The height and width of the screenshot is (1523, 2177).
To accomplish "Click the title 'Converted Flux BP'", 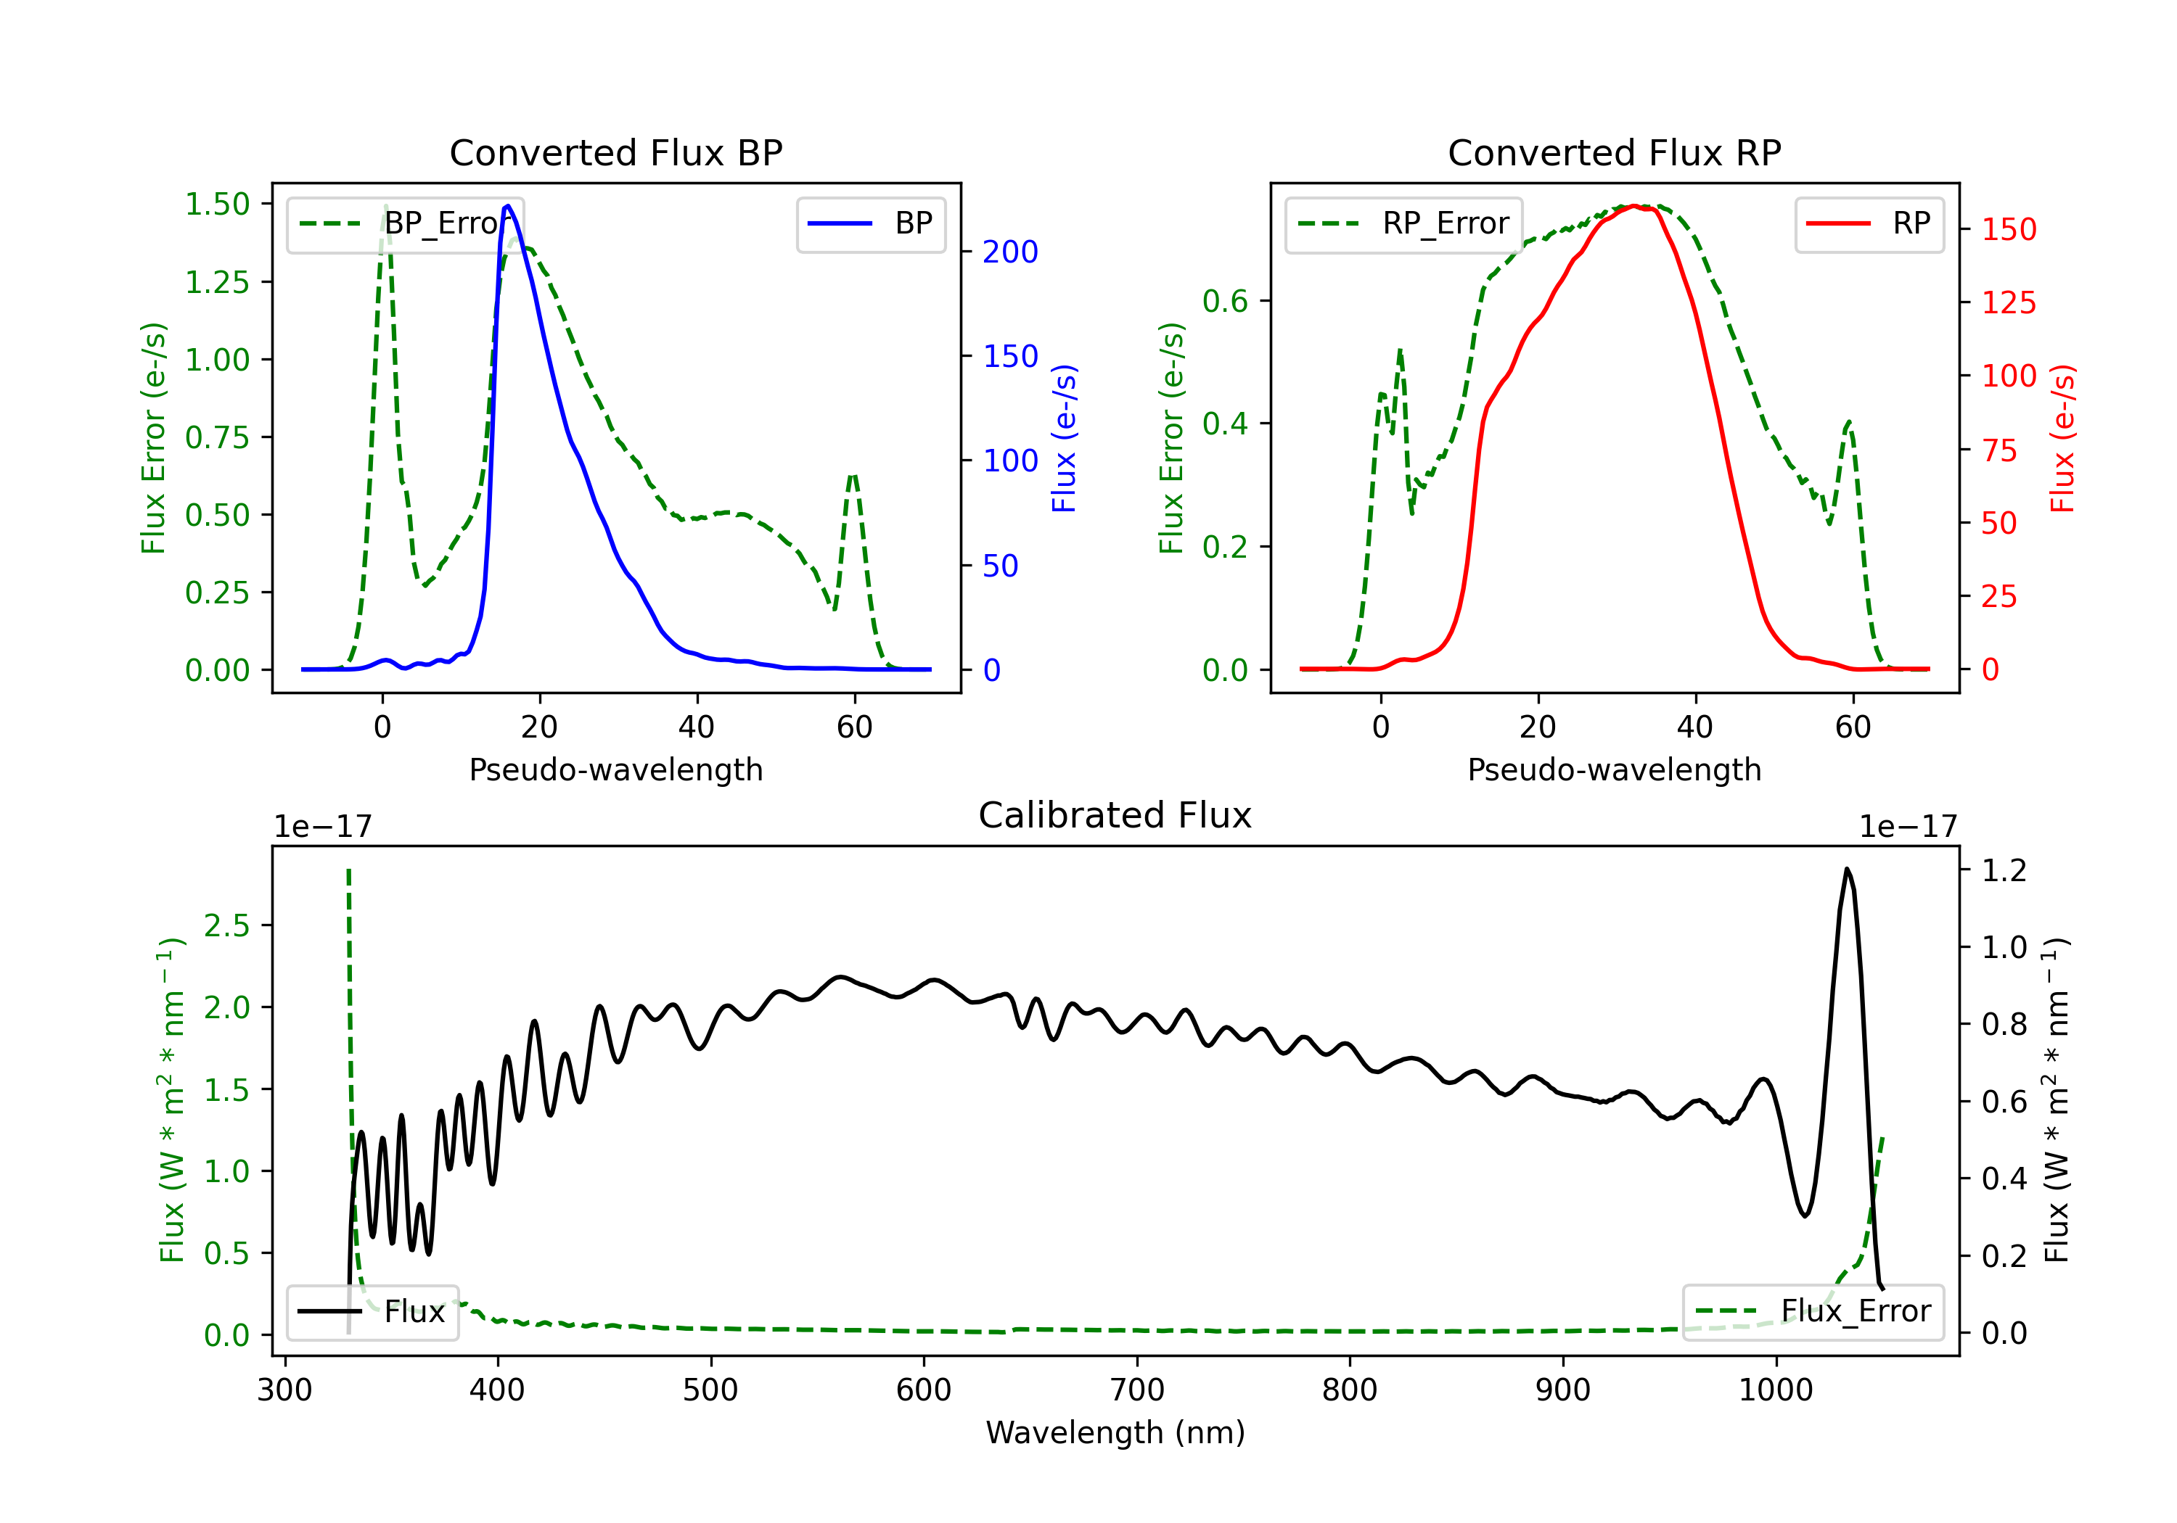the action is tap(616, 152).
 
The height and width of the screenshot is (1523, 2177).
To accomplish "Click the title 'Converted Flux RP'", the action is tap(1615, 152).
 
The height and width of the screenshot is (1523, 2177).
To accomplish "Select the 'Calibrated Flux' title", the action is tap(1115, 815).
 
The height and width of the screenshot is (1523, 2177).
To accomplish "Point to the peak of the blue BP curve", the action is tap(507, 206).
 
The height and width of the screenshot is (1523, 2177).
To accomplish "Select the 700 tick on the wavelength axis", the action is tap(1137, 1390).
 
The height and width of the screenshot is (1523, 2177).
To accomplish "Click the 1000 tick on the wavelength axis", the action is tap(1776, 1390).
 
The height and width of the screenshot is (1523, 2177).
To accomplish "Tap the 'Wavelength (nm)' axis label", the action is tap(1115, 1433).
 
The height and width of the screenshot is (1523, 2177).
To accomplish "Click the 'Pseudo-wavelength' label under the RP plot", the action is tap(1615, 769).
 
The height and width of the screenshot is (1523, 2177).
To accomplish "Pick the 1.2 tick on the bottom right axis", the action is tap(2004, 870).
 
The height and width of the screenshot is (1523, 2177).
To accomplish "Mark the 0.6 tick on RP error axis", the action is tap(1225, 302).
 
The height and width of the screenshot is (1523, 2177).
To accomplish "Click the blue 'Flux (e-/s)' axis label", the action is tap(1064, 438).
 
